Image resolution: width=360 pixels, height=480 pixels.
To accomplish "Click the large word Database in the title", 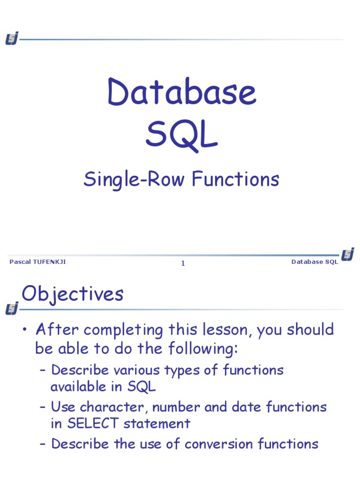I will [182, 92].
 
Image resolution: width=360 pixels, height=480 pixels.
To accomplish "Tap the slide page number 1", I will [183, 263].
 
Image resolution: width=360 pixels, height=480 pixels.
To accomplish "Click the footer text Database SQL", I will [315, 262].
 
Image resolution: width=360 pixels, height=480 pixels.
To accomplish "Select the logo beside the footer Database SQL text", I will [347, 255].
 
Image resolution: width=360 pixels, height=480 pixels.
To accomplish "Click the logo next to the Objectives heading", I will [12, 308].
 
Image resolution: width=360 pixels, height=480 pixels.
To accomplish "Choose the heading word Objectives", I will [73, 294].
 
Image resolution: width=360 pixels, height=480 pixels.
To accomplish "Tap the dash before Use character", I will [43, 407].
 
